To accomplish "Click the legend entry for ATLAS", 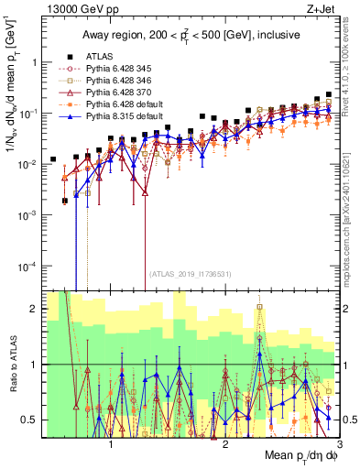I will (x=98, y=55).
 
